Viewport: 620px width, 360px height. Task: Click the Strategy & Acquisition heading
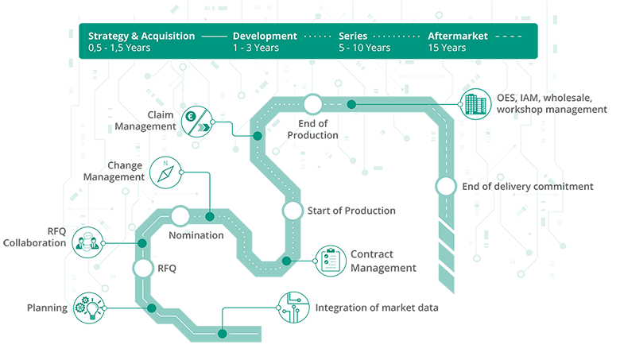(141, 36)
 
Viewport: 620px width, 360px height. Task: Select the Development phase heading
(265, 36)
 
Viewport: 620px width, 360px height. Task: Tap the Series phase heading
(352, 36)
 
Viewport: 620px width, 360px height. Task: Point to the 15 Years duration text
(447, 48)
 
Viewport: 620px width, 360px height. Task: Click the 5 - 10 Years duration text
(364, 48)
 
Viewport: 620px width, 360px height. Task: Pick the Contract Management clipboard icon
(329, 260)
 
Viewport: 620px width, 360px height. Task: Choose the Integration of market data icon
(292, 307)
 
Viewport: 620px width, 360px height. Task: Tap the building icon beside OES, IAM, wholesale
(475, 104)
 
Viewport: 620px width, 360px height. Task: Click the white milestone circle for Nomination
(180, 216)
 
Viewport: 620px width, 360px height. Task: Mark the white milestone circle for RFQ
(143, 269)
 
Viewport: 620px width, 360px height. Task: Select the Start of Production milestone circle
(293, 211)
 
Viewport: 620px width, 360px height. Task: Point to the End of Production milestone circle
(312, 104)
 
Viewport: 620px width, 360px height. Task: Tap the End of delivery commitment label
(527, 187)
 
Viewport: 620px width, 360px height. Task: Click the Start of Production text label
(351, 211)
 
